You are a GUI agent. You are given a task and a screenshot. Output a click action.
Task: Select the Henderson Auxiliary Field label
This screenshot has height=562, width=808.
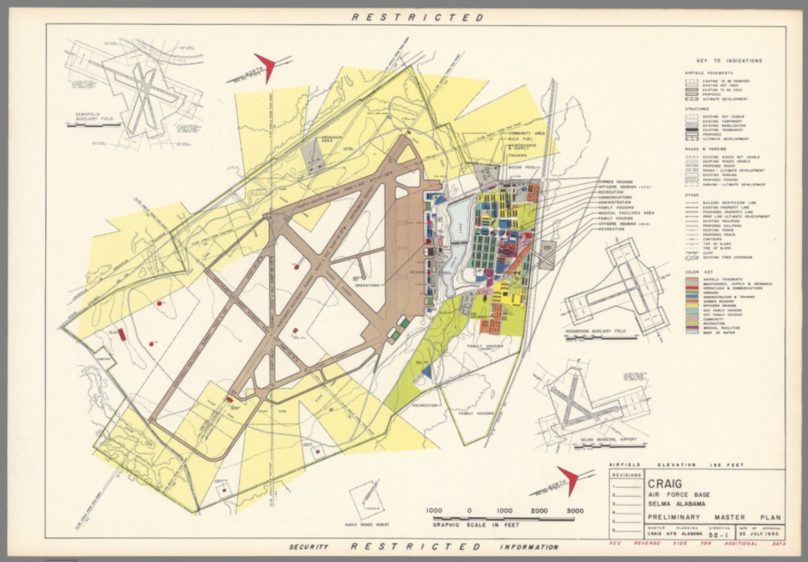tap(595, 331)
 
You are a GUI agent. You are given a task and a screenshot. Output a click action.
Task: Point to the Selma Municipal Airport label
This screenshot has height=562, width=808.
tap(608, 439)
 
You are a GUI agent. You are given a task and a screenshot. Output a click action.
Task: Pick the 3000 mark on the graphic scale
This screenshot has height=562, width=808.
tap(574, 510)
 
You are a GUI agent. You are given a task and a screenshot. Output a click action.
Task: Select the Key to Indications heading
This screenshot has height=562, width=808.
tap(729, 61)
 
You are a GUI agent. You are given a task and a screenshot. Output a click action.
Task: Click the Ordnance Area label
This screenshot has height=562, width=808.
tap(332, 139)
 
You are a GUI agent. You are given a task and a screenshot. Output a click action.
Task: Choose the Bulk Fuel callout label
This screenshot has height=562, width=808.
tap(521, 139)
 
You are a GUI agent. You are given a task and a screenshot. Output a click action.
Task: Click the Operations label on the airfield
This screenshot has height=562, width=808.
tap(367, 285)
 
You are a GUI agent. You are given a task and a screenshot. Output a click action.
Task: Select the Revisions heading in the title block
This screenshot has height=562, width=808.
tap(626, 475)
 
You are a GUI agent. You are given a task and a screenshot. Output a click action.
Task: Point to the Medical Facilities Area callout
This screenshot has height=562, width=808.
tap(626, 213)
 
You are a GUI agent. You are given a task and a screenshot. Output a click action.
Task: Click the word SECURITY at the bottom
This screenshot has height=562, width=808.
tap(309, 547)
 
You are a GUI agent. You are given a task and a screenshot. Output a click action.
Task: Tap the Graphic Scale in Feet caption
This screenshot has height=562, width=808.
tap(476, 525)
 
